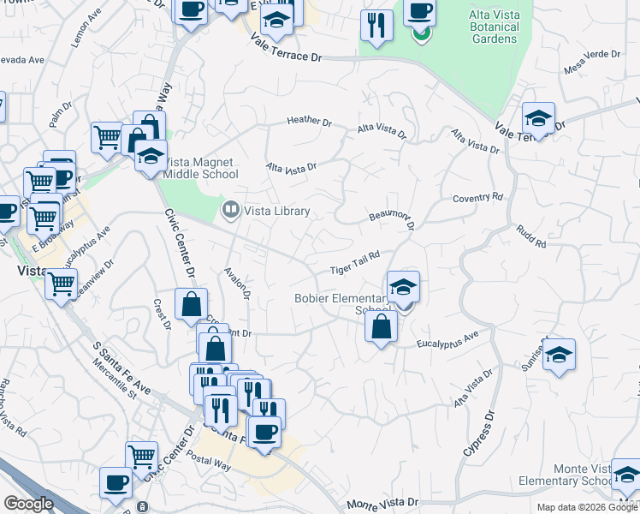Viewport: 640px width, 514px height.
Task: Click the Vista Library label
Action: point(277,211)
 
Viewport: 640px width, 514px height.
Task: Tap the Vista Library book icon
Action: point(230,210)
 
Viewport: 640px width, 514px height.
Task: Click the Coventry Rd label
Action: point(478,198)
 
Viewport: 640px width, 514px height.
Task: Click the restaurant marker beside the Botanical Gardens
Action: point(376,26)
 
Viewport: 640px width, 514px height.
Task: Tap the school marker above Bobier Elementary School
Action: point(403,287)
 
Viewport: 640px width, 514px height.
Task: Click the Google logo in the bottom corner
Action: point(28,504)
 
